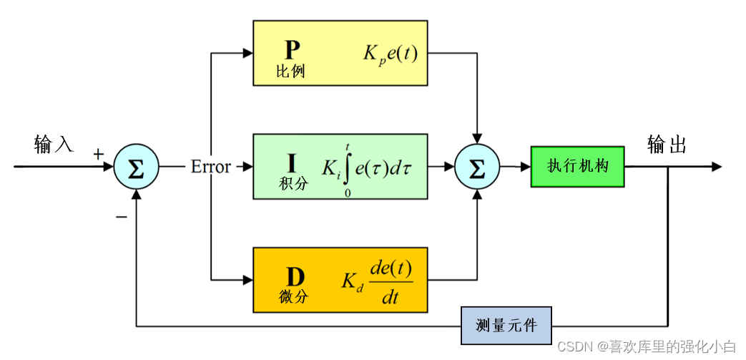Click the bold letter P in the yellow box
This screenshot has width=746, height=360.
pyautogui.click(x=292, y=50)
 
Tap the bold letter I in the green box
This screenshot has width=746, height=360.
pyautogui.click(x=293, y=162)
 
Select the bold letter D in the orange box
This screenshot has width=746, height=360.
pyautogui.click(x=294, y=276)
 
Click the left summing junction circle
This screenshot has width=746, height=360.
pyautogui.click(x=136, y=167)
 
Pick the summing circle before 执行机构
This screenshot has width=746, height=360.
pyautogui.click(x=477, y=167)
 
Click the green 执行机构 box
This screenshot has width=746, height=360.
pyautogui.click(x=577, y=167)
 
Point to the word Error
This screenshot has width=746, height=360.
pyautogui.click(x=210, y=167)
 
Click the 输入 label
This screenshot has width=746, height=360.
pyautogui.click(x=54, y=145)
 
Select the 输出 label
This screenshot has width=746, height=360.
pyautogui.click(x=667, y=145)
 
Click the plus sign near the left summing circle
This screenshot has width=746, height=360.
pyautogui.click(x=99, y=154)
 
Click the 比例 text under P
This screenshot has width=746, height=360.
pyautogui.click(x=291, y=72)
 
